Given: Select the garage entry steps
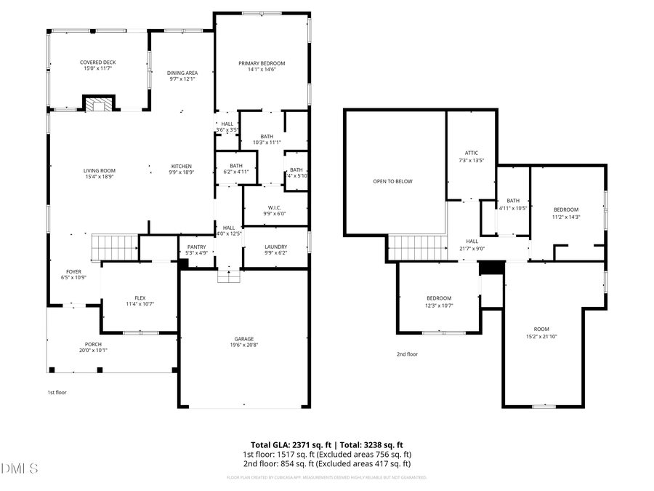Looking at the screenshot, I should click(228, 276).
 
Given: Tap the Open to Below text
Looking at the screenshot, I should click(392, 181).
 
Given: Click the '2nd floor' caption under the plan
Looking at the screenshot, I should click(407, 354).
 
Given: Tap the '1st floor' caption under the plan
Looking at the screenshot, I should click(57, 392).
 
